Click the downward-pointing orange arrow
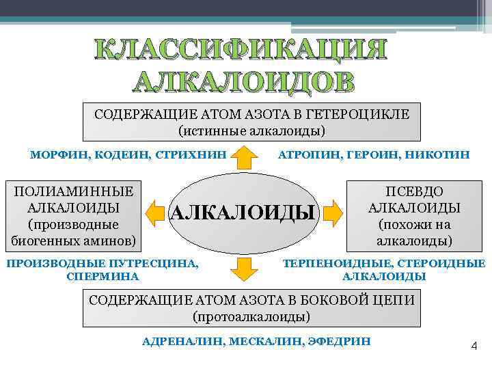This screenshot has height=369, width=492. [x=246, y=269]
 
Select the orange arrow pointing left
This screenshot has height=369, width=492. [x=157, y=211]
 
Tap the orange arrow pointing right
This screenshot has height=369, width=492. [x=333, y=211]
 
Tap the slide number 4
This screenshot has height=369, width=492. [x=473, y=346]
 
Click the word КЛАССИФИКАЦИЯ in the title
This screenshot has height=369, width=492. [x=240, y=51]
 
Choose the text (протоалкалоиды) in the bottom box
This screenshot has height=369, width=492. [x=252, y=317]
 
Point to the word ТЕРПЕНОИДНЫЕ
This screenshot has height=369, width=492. [x=325, y=263]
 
